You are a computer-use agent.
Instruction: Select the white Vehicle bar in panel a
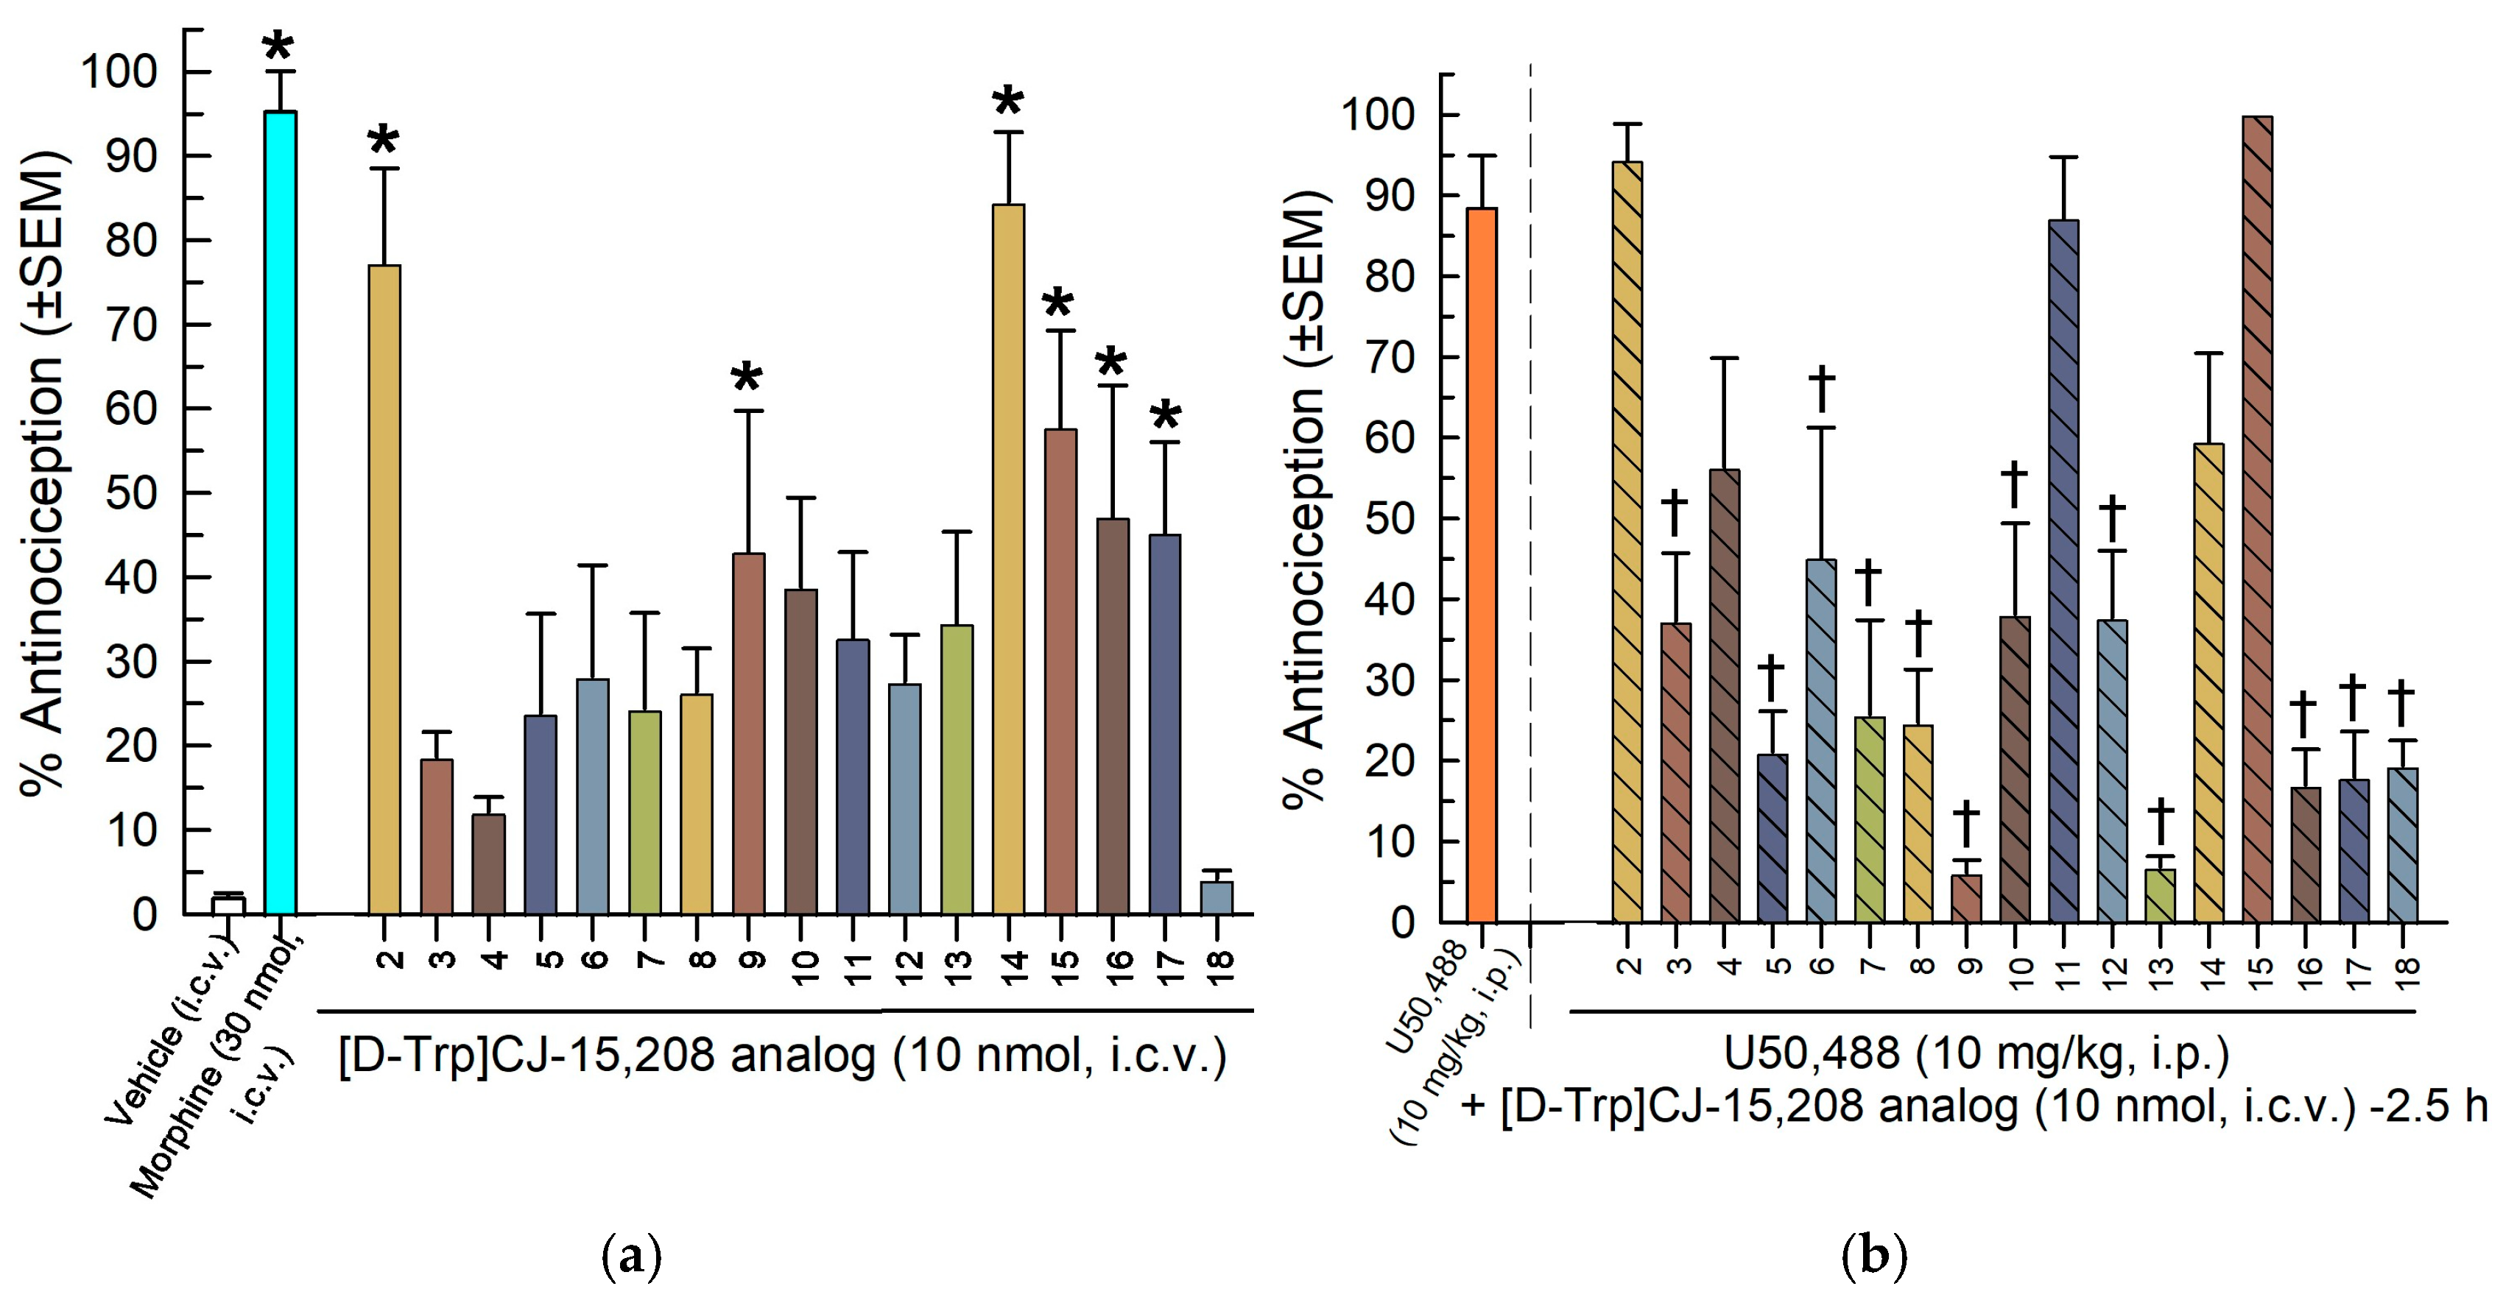[228, 905]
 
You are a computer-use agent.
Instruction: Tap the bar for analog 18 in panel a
[1217, 898]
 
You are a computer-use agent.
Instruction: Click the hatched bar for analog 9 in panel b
[1967, 898]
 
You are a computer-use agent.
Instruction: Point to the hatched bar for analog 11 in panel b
[2064, 571]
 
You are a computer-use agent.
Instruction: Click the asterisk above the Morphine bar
[279, 46]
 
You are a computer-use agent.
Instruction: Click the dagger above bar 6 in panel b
[1821, 389]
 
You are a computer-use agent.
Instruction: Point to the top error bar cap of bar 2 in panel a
[384, 169]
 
